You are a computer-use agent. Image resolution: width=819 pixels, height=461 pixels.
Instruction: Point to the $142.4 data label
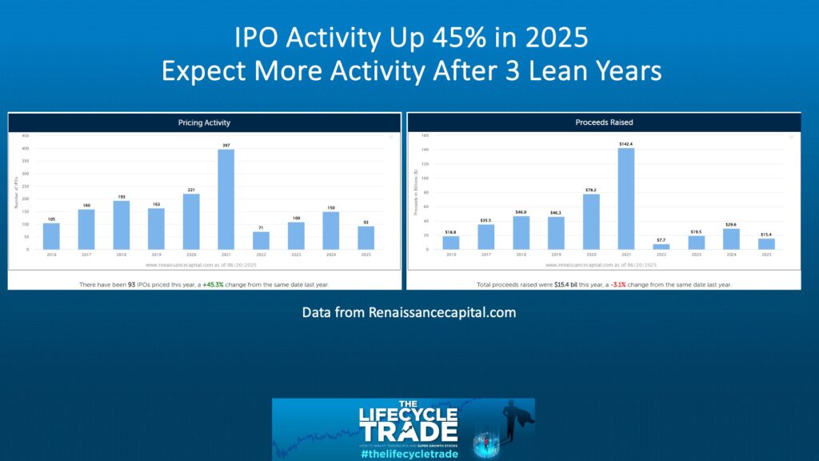[625, 144]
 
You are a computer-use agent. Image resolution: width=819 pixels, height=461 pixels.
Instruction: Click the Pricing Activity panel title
[204, 122]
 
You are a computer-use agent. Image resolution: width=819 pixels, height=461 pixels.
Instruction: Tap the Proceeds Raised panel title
[603, 122]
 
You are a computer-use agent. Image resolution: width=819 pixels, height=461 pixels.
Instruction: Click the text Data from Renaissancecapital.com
[409, 312]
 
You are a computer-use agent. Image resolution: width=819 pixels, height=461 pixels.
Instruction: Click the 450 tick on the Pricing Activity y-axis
[26, 136]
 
